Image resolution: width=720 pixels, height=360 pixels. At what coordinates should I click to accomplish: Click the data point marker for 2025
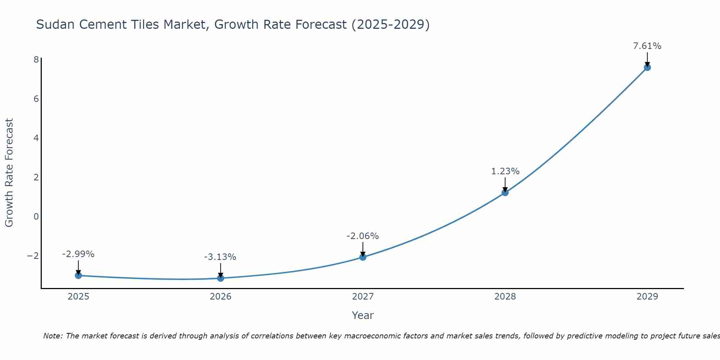coord(78,275)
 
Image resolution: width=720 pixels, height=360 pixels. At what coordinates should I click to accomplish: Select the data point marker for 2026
coord(221,278)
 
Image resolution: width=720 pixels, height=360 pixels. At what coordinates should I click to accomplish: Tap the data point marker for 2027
coord(363,257)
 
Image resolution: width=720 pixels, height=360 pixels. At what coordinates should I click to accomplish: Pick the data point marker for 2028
coord(505,193)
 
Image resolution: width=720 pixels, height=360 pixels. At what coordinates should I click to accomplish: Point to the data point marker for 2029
coord(647,67)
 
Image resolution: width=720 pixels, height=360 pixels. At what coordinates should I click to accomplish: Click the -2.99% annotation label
coord(78,254)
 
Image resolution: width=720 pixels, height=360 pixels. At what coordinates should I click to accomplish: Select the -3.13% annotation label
coord(220,257)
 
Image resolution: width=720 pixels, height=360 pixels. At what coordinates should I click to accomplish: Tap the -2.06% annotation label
coord(363,236)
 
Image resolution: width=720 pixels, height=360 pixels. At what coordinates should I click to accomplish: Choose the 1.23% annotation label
coord(505,171)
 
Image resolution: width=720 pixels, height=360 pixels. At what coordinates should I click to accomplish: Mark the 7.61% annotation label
coord(647,46)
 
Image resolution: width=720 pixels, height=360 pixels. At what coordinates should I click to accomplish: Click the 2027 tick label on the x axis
coord(363,297)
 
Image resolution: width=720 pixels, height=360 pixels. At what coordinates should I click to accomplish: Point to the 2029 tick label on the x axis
coord(647,297)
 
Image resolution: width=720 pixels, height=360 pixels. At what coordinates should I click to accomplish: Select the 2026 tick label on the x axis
coord(221,297)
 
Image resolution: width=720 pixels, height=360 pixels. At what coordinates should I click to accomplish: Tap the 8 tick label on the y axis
coord(36,59)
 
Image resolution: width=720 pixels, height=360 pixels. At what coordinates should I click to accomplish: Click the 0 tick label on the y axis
coord(36,216)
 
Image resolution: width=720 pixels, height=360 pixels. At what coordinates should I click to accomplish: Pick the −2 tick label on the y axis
coord(33,256)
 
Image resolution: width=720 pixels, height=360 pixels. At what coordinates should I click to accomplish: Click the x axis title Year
coord(363,315)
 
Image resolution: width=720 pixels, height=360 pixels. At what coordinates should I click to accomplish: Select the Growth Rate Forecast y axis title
coord(9,173)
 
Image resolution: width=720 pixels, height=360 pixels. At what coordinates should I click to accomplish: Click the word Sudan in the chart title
coord(55,24)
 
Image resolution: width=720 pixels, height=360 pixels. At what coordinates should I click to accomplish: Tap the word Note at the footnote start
coord(53,336)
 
